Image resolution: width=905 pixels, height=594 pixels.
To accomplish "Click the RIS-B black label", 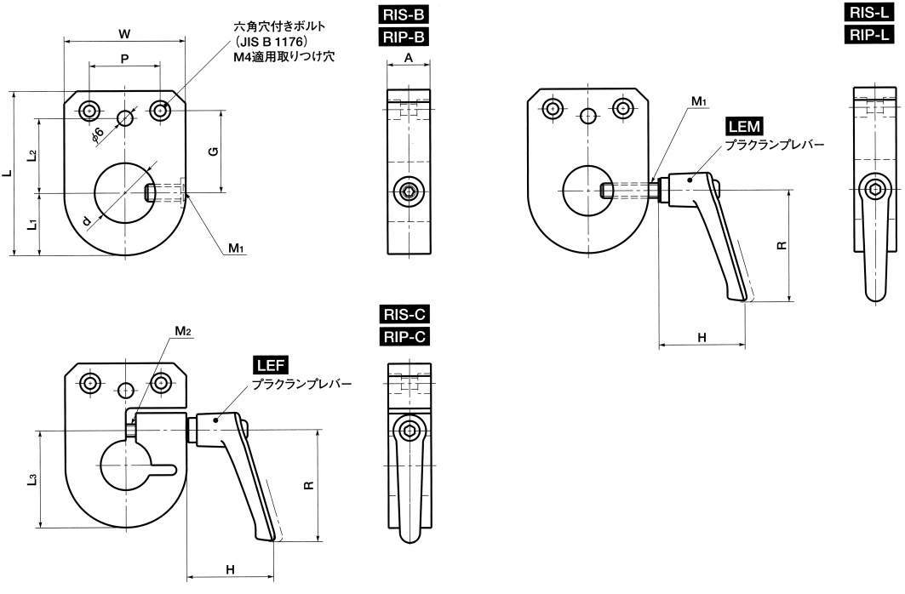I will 404,14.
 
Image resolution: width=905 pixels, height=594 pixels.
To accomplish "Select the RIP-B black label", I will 404,37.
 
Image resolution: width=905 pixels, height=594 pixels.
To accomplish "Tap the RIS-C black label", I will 404,315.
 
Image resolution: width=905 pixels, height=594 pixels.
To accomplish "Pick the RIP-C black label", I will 404,337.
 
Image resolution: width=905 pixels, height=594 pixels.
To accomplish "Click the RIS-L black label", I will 870,12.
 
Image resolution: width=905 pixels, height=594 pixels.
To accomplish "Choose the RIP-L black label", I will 870,34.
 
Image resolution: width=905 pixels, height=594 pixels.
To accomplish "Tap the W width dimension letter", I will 124,33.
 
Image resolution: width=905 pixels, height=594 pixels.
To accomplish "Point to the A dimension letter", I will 408,57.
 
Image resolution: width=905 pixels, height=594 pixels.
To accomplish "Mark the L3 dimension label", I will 32,479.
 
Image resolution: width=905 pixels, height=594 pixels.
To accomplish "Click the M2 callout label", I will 182,330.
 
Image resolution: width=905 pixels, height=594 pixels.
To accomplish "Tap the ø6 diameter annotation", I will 97,133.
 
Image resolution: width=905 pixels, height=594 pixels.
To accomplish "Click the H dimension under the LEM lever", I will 702,338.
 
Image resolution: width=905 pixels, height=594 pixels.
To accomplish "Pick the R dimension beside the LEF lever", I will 308,485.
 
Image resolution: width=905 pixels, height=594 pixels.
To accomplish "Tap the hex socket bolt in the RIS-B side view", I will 410,193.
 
